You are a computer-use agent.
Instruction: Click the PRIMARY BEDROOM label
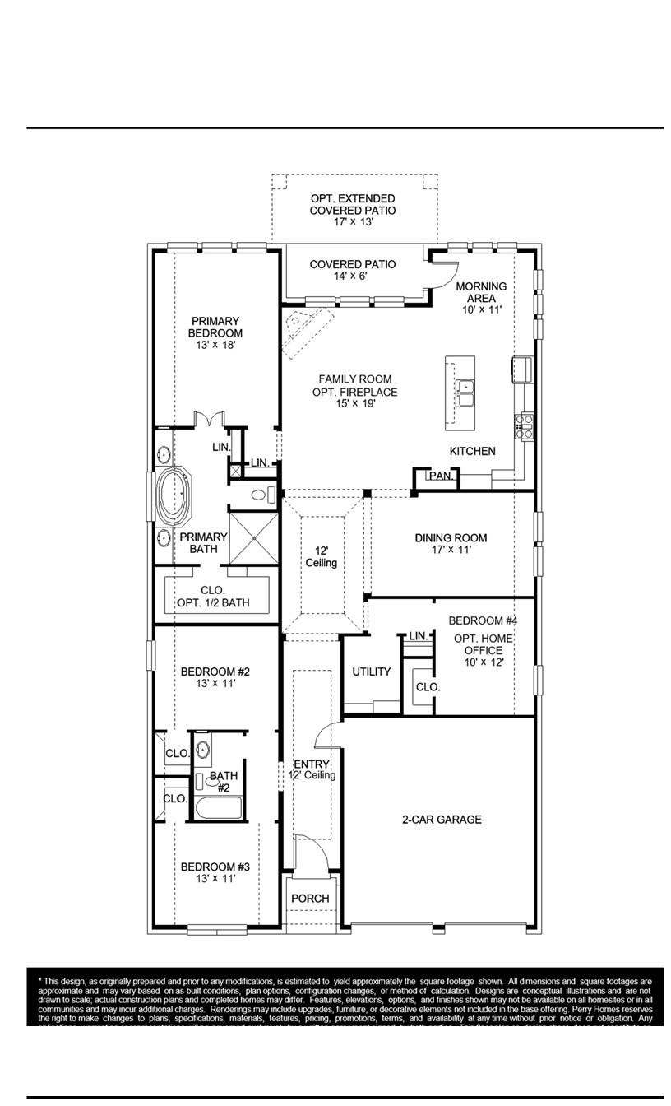pyautogui.click(x=215, y=328)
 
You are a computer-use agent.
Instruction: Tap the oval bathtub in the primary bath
pyautogui.click(x=173, y=497)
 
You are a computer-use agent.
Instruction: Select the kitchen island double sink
pyautogui.click(x=465, y=393)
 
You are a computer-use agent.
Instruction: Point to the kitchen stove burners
pyautogui.click(x=523, y=425)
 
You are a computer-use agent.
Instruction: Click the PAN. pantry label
pyautogui.click(x=440, y=476)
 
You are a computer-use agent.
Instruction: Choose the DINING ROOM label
pyautogui.click(x=451, y=538)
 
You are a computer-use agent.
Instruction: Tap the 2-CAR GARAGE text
pyautogui.click(x=442, y=820)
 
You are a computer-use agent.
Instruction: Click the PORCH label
pyautogui.click(x=310, y=899)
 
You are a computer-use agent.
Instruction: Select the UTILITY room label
pyautogui.click(x=372, y=671)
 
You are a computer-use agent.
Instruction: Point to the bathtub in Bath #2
pyautogui.click(x=218, y=806)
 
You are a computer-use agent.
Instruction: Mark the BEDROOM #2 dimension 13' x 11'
pyautogui.click(x=215, y=684)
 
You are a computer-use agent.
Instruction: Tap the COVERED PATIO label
pyautogui.click(x=352, y=264)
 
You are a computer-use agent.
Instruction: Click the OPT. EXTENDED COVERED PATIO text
pyautogui.click(x=353, y=204)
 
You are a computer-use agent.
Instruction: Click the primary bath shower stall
pyautogui.click(x=253, y=537)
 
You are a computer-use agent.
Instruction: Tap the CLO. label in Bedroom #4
pyautogui.click(x=428, y=687)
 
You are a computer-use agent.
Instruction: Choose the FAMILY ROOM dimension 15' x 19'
pyautogui.click(x=355, y=404)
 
